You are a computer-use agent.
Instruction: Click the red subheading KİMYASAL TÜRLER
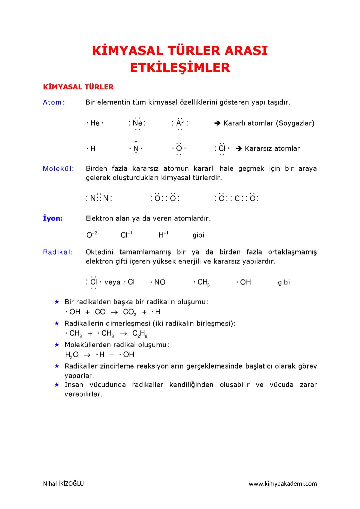78,87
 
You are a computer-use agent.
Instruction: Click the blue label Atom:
54,102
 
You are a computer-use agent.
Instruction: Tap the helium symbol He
95,123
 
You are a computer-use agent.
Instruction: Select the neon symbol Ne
137,123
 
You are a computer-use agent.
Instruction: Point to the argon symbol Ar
180,123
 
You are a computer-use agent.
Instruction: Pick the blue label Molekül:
59,168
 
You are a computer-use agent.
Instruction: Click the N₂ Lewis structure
99,198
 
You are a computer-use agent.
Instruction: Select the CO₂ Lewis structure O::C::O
237,198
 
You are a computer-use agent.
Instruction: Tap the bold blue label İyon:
53,218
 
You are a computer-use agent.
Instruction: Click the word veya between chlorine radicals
112,283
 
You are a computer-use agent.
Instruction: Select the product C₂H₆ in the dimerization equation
140,334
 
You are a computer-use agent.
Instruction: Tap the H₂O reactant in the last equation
72,355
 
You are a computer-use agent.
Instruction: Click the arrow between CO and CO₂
114,313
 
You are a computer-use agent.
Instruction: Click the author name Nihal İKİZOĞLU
63,484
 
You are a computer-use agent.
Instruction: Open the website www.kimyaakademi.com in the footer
283,484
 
